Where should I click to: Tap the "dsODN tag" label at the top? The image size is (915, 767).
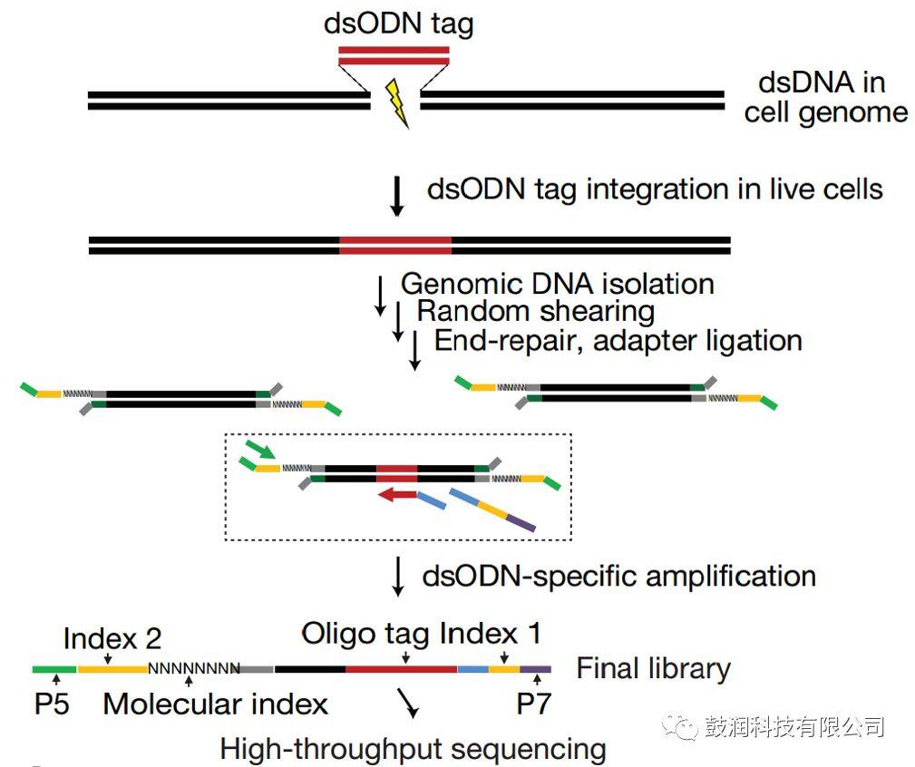[x=398, y=24]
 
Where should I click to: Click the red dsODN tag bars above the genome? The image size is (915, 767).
[x=394, y=55]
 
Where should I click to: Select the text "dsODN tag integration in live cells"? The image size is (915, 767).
[x=655, y=189]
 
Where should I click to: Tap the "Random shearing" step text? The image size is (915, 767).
[x=535, y=311]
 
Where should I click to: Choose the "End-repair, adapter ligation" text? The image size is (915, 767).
[x=618, y=340]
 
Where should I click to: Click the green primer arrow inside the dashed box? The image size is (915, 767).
[x=260, y=451]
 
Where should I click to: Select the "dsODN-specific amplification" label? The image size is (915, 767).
[x=619, y=576]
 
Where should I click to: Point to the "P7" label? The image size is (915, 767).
[x=533, y=704]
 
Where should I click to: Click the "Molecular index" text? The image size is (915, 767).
[x=216, y=704]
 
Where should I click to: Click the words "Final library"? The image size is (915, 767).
[x=653, y=669]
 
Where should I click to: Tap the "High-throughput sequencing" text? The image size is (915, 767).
[x=413, y=749]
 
